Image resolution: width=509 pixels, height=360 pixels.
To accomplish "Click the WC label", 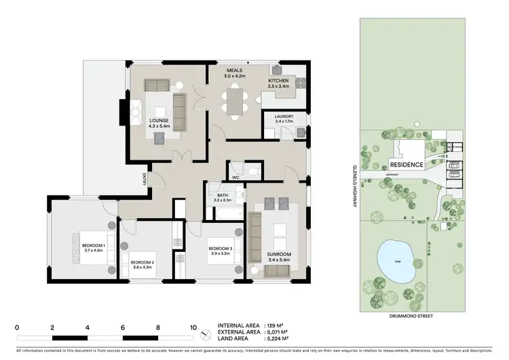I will pyautogui.click(x=235, y=179).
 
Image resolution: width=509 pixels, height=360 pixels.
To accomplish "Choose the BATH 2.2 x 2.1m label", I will pyautogui.click(x=223, y=196).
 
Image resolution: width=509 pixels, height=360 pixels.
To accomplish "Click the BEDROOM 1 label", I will pyautogui.click(x=92, y=247).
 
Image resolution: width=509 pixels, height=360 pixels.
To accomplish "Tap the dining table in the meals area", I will pyautogui.click(x=235, y=103).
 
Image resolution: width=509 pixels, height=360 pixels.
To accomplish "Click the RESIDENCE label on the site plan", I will pyautogui.click(x=407, y=164).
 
